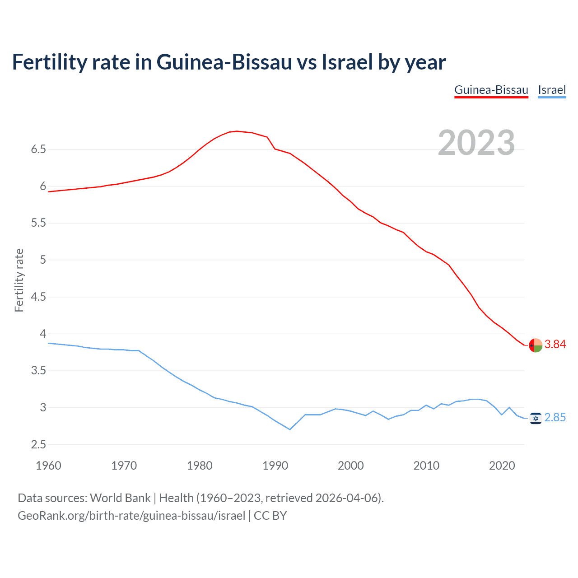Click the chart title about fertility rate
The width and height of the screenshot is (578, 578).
pos(228,62)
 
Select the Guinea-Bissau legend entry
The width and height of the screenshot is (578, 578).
pos(491,90)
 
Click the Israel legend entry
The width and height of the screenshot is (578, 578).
pos(552,90)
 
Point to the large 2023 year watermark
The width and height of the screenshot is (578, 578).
pos(476,143)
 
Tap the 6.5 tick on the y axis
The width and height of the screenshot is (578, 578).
pos(38,149)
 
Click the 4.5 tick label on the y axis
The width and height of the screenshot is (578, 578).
pos(38,297)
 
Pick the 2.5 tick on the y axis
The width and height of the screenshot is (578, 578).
pos(38,445)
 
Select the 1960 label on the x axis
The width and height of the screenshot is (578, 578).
pos(48,466)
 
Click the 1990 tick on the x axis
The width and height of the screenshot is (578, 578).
pos(275,466)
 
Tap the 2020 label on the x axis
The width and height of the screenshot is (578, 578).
pos(502,466)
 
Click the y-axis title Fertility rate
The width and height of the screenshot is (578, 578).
pos(19,280)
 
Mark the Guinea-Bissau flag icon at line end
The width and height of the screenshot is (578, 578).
pos(535,345)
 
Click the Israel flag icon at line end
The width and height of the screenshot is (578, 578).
pos(535,419)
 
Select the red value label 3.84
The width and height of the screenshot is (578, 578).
pos(555,345)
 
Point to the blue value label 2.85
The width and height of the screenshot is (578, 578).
pos(555,418)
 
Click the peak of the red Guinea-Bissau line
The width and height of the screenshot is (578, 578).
pos(237,131)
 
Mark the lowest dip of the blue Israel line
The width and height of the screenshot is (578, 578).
pos(290,429)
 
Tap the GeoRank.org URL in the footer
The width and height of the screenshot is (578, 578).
pos(131,516)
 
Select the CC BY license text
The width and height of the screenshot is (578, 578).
pos(270,516)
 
